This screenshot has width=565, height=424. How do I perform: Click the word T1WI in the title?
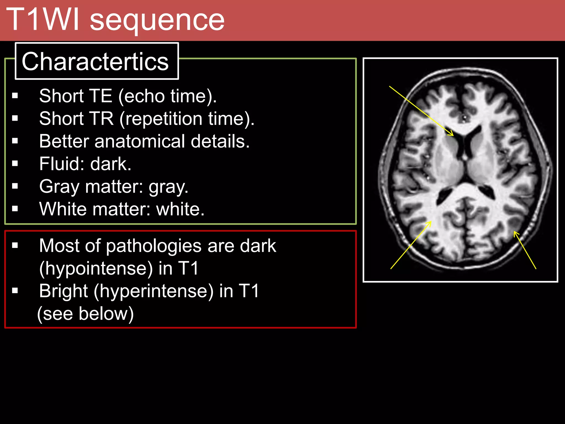tap(44, 19)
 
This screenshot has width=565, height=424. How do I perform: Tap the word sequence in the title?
tap(157, 21)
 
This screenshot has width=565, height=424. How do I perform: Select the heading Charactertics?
tap(95, 61)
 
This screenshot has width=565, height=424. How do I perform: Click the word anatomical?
tap(140, 141)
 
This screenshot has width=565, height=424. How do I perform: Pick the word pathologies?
tap(154, 246)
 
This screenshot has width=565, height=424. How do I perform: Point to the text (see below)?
tap(86, 314)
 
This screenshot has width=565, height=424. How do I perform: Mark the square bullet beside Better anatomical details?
tap(15, 141)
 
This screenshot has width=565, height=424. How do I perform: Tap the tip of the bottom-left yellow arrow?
tap(431, 222)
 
